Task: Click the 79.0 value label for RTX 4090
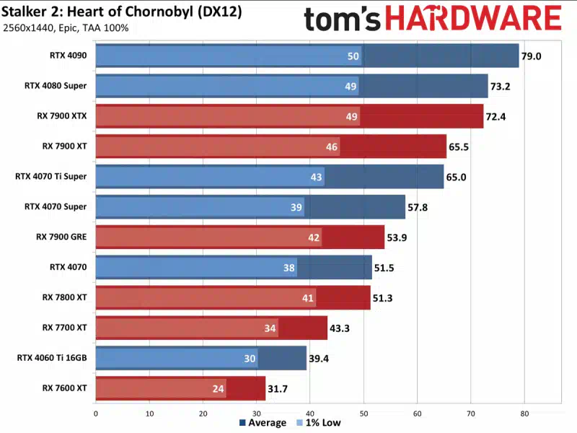(532, 56)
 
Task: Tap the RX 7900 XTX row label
(62, 115)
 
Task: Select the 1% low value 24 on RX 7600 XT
(217, 388)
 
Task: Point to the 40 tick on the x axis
(309, 414)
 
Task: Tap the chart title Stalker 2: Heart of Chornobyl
(123, 13)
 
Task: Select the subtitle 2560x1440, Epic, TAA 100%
(66, 28)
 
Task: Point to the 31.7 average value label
(278, 388)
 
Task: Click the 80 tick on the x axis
(524, 414)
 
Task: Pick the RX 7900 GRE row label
(62, 237)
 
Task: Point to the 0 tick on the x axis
(96, 414)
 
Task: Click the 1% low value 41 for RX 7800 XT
(307, 297)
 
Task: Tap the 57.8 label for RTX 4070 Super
(418, 207)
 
